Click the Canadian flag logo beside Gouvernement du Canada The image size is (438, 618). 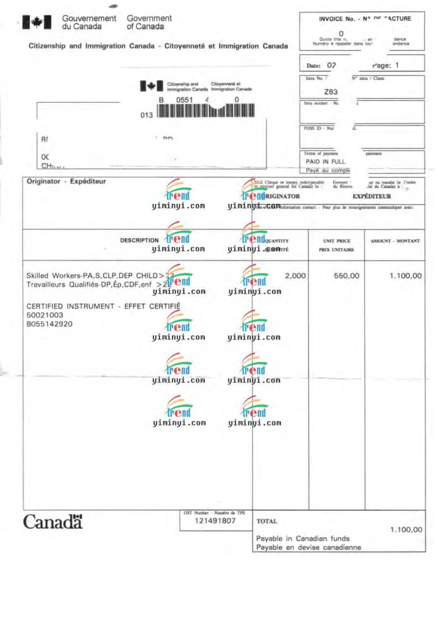pyautogui.click(x=37, y=22)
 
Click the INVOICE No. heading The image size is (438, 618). pyautogui.click(x=336, y=19)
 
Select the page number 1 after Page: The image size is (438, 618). pyautogui.click(x=397, y=65)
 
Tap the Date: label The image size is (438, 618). pyautogui.click(x=313, y=66)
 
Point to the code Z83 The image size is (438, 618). pyautogui.click(x=331, y=92)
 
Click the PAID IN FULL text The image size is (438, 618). pyautogui.click(x=325, y=162)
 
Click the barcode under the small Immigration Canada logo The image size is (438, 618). pyautogui.click(x=206, y=111)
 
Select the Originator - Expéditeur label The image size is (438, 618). pyautogui.click(x=66, y=182)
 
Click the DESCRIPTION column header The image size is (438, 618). pyautogui.click(x=139, y=241)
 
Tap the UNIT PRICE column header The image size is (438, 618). pyautogui.click(x=337, y=241)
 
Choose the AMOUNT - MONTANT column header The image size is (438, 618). pyautogui.click(x=395, y=241)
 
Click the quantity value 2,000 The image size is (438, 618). pyautogui.click(x=295, y=276)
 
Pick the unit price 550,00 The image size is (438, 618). pyautogui.click(x=346, y=276)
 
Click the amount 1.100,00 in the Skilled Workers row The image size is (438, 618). pyautogui.click(x=405, y=276)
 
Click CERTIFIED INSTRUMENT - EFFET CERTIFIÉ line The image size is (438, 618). pyautogui.click(x=103, y=306)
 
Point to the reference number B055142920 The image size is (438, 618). pyautogui.click(x=49, y=324)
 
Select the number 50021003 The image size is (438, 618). pyautogui.click(x=45, y=315)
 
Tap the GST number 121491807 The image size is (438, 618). pyautogui.click(x=215, y=521)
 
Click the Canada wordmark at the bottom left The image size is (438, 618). pyautogui.click(x=53, y=522)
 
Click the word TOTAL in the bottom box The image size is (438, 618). pyautogui.click(x=267, y=521)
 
